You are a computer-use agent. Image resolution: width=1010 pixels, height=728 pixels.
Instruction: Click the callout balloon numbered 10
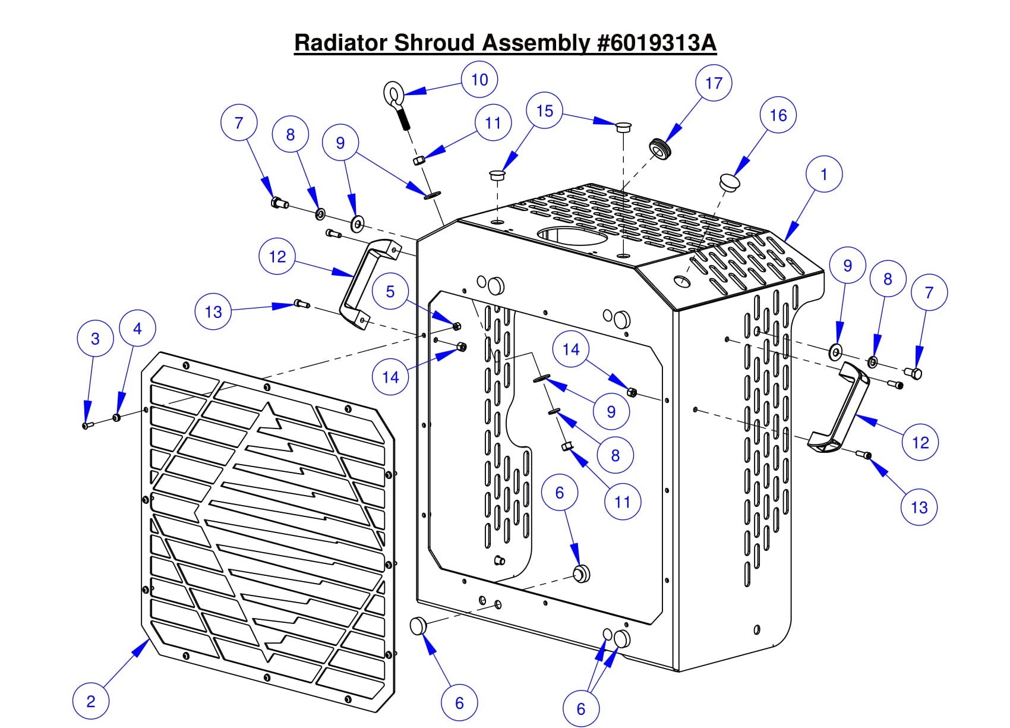coord(479,80)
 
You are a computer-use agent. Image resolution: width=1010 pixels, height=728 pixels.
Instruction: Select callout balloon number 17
coord(713,83)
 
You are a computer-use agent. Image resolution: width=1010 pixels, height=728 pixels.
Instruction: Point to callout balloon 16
coord(778,115)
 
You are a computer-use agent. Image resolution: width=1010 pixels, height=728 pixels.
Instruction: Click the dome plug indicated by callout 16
coord(728,181)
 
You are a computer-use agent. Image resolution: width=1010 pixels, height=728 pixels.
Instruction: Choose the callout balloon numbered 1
coord(823,174)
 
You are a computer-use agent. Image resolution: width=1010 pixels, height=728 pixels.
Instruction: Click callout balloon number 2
coord(90,701)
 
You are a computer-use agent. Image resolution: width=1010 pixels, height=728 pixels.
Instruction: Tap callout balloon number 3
coord(95,339)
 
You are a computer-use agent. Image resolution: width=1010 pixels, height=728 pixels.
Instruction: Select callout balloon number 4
coord(137,329)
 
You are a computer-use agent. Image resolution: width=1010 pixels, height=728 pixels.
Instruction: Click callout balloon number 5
coord(390,291)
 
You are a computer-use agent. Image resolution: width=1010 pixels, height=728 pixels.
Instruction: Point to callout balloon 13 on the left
coord(213,312)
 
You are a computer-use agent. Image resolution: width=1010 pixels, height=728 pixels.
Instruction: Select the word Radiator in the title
coord(342,43)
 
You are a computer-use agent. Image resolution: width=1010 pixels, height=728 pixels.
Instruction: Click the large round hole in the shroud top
coord(572,237)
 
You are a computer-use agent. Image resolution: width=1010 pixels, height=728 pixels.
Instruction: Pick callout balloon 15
coord(544,111)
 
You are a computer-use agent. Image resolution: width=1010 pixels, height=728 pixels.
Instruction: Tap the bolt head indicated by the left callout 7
coord(277,203)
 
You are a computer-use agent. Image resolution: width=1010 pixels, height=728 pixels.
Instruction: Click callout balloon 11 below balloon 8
coord(622,502)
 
